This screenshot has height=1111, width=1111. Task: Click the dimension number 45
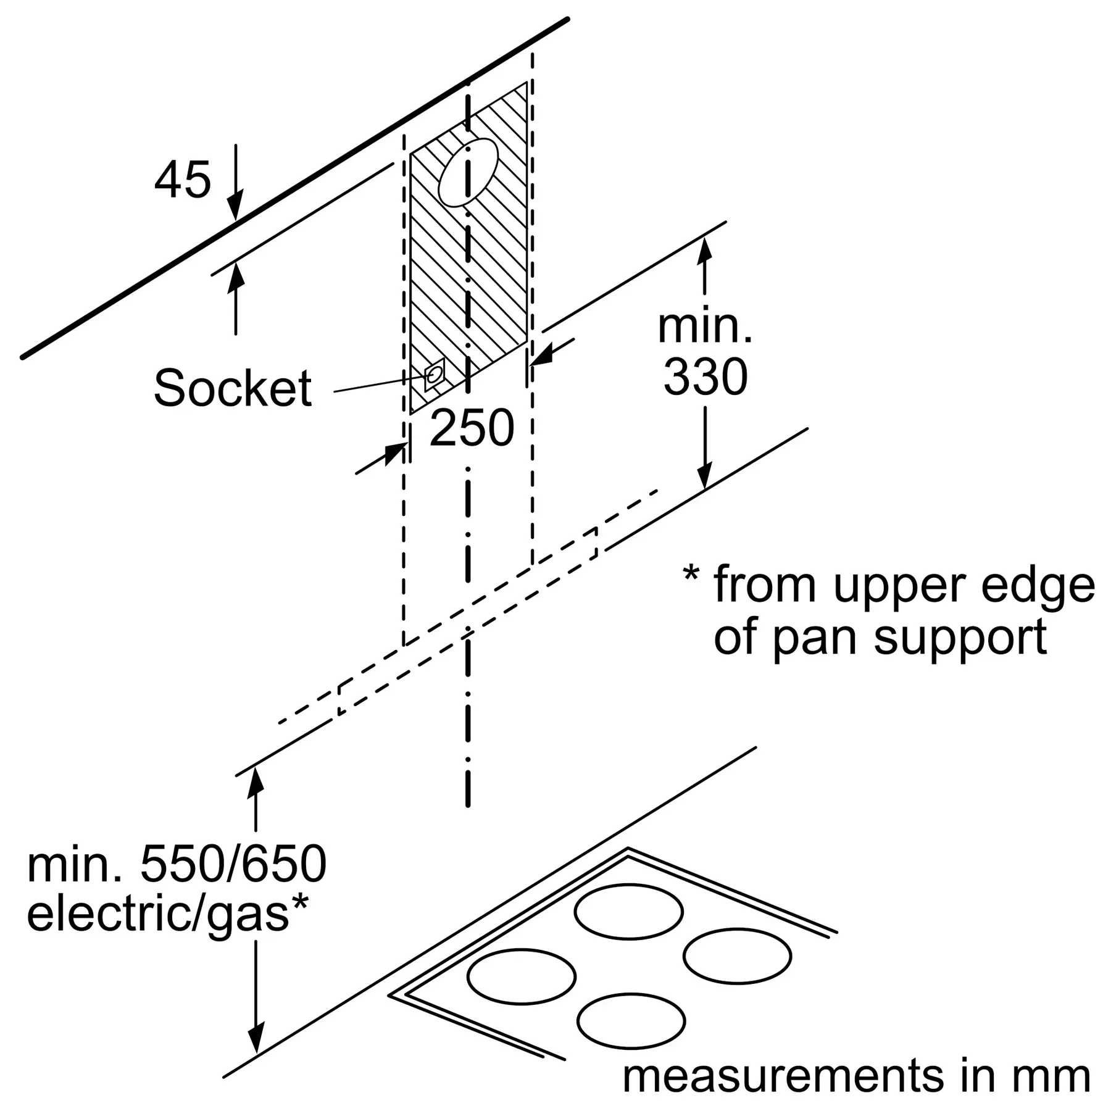(183, 180)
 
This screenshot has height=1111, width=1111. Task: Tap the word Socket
(233, 388)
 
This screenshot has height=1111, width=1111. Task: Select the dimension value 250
(472, 428)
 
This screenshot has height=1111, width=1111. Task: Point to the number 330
(705, 377)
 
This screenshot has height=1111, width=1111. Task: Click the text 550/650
(233, 864)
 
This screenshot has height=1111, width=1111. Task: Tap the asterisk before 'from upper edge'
(691, 575)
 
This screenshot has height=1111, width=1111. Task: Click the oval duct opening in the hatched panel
(468, 172)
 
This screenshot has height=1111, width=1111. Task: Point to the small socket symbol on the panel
(435, 374)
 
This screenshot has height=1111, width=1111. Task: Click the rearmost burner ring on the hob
(628, 912)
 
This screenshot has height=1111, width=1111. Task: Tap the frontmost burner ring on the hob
(631, 1020)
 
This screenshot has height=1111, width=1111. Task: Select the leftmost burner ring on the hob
(522, 976)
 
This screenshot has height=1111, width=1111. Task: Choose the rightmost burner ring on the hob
(737, 956)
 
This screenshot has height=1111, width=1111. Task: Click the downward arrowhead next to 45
(235, 207)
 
